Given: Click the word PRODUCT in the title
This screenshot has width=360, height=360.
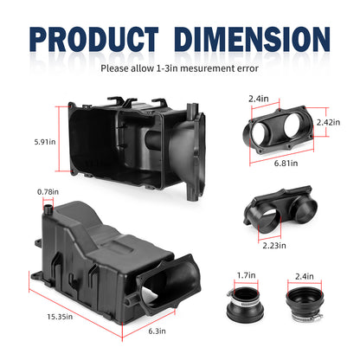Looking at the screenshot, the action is pyautogui.click(x=94, y=39).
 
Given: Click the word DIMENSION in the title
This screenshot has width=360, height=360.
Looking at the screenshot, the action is pyautogui.click(x=252, y=39).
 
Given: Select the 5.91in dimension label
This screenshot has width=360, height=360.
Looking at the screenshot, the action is pyautogui.click(x=45, y=142).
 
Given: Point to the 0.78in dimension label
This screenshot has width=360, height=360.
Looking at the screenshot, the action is pyautogui.click(x=48, y=192).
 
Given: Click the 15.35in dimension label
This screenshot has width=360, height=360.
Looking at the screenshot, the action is pyautogui.click(x=60, y=317).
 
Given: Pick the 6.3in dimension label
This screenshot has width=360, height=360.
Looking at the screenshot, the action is pyautogui.click(x=157, y=331).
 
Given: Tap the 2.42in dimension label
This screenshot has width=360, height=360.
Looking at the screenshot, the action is pyautogui.click(x=328, y=122).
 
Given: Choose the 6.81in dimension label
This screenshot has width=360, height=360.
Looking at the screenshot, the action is pyautogui.click(x=286, y=164).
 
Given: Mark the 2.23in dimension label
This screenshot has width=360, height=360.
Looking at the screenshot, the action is pyautogui.click(x=274, y=246).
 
